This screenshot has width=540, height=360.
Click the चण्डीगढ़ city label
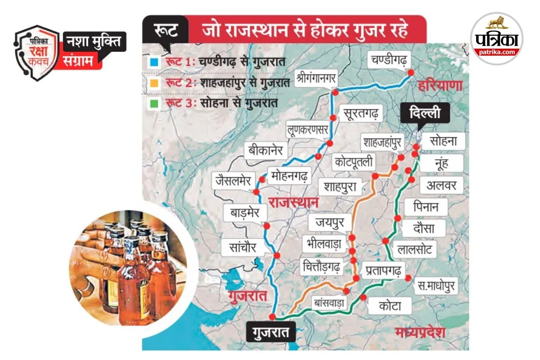point(389,59)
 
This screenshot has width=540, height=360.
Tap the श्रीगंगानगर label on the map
point(315,77)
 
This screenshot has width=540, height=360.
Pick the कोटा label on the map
point(389,306)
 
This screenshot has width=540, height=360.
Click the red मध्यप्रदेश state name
point(420,333)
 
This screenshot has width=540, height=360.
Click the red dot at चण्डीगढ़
point(410,72)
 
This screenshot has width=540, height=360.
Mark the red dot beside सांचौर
point(277,255)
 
